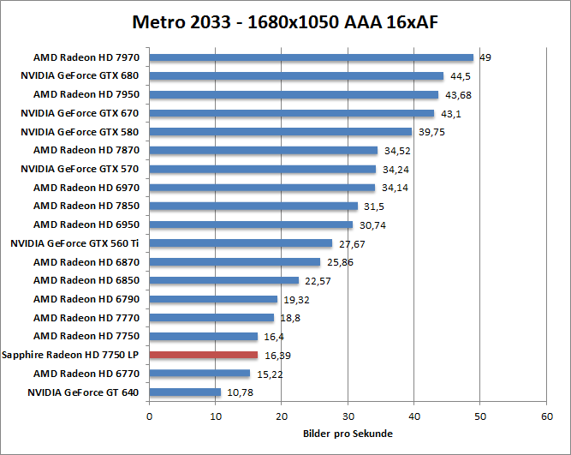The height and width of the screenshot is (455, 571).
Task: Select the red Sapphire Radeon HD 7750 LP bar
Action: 204,355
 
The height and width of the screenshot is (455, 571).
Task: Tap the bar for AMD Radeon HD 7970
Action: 312,57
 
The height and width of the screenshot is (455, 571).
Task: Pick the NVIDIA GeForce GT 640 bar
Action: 185,392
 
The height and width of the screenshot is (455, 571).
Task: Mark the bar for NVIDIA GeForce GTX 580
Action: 281,132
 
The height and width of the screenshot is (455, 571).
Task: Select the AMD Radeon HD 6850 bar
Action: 224,280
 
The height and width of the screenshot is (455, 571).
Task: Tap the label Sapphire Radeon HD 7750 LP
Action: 72,355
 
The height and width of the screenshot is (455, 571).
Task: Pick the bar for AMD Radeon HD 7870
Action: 264,150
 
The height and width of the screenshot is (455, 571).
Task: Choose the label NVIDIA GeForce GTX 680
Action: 81,75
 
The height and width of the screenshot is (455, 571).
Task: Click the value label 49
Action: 485,57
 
